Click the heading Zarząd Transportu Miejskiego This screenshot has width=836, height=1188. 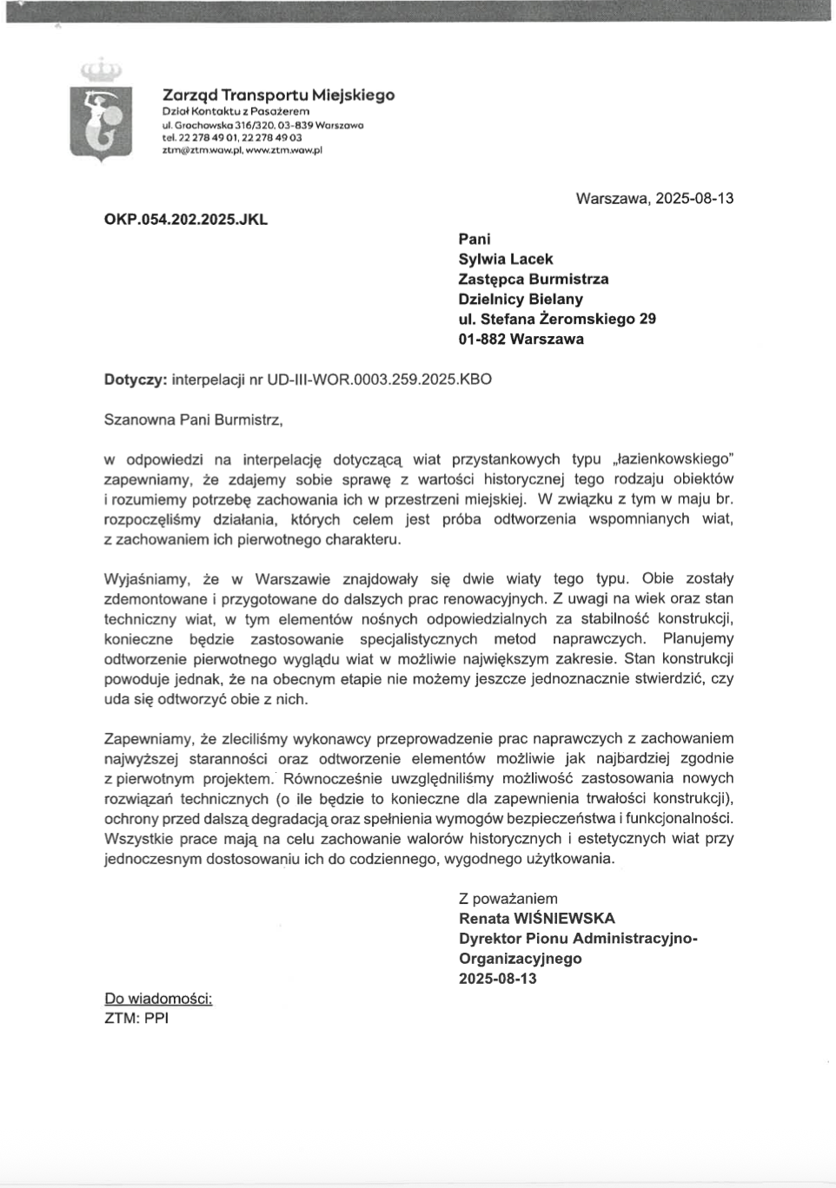click(278, 95)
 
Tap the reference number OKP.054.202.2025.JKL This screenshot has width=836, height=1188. click(185, 220)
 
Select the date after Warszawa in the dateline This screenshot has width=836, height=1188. click(694, 198)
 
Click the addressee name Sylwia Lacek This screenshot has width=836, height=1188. click(506, 259)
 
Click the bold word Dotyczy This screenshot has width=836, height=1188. click(135, 379)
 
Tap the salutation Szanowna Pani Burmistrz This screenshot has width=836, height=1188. click(193, 419)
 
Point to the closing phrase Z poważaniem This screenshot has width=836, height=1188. click(508, 899)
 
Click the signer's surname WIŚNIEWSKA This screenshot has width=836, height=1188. click(564, 918)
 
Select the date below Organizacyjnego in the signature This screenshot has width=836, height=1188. click(498, 978)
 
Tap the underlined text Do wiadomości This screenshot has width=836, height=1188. click(158, 999)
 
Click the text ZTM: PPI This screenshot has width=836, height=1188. click(136, 1018)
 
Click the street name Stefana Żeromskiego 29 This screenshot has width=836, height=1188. click(568, 319)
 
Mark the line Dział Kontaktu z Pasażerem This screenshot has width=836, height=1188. click(236, 111)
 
